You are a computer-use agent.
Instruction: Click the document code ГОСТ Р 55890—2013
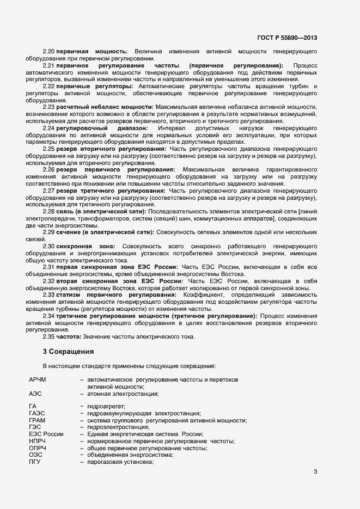(286, 38)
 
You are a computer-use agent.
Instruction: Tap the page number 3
(315, 471)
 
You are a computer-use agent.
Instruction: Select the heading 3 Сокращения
(69, 351)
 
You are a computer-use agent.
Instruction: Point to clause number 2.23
(49, 108)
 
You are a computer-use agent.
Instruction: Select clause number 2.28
(49, 211)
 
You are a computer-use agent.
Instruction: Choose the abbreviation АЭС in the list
(35, 393)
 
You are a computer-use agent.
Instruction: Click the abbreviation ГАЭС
(36, 414)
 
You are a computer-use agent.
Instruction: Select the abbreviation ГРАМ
(37, 421)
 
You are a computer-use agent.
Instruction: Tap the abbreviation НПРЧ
(38, 441)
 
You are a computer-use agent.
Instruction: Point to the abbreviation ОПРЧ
(38, 448)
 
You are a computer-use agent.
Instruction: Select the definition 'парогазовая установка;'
(120, 462)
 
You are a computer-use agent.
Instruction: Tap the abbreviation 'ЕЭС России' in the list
(46, 434)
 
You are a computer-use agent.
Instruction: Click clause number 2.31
(49, 267)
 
